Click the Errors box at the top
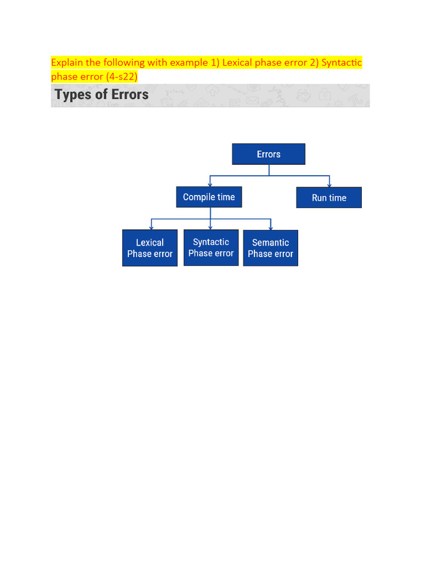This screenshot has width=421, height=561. [269, 154]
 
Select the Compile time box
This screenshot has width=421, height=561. [209, 197]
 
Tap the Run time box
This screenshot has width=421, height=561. [329, 197]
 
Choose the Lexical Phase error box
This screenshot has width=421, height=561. [150, 248]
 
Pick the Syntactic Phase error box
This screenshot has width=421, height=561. [211, 248]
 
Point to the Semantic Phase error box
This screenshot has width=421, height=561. [271, 248]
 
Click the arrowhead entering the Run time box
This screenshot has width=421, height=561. [329, 185]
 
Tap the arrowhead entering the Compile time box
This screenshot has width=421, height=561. [210, 184]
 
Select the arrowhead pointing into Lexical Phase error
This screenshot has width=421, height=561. [151, 227]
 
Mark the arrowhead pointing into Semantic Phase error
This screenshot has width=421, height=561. [271, 228]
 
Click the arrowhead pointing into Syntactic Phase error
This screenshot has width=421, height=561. [210, 227]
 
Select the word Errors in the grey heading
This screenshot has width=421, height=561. [130, 94]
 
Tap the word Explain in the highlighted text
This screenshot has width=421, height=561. [67, 63]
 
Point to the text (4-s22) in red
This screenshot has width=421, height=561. [122, 77]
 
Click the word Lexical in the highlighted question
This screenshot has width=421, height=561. [237, 62]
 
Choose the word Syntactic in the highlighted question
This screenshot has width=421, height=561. [342, 63]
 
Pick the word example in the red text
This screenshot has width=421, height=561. [189, 63]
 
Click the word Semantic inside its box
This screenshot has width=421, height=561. [271, 243]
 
